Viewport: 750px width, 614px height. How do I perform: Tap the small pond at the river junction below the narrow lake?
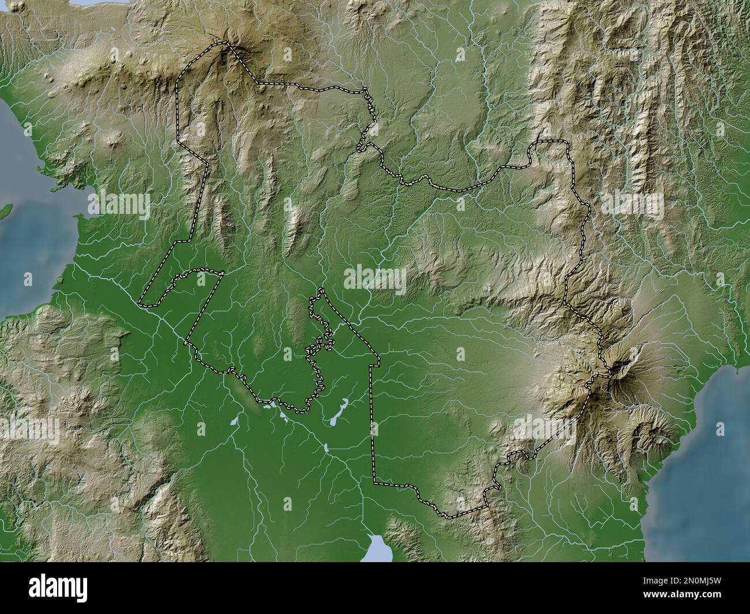coord(326,447)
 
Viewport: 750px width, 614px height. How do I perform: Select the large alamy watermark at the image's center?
coord(375,280)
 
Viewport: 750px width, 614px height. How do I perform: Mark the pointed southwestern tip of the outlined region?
coord(141,302)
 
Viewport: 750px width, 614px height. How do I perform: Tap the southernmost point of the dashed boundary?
coord(447,515)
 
